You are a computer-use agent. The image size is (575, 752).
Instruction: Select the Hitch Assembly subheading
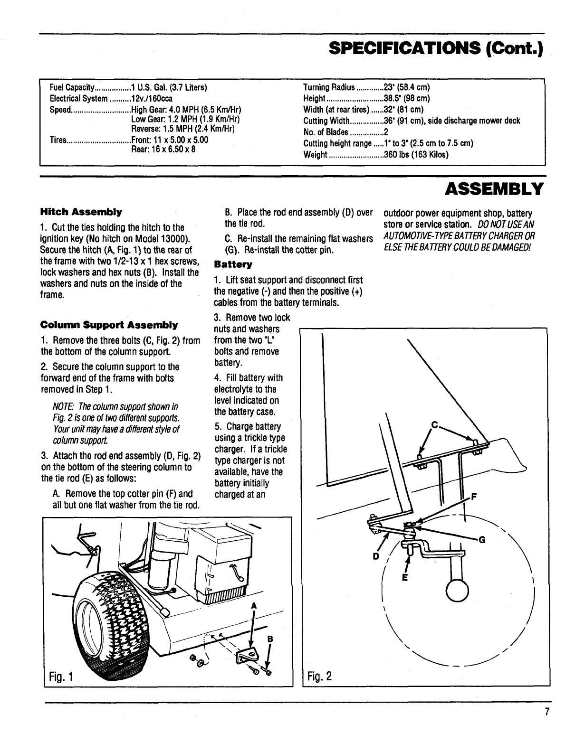pyautogui.click(x=81, y=211)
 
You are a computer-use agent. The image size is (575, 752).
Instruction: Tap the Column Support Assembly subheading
pyautogui.click(x=109, y=325)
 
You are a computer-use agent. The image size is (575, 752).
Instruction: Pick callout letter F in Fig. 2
pyautogui.click(x=473, y=498)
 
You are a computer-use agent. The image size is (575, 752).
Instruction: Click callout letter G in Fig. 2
pyautogui.click(x=482, y=539)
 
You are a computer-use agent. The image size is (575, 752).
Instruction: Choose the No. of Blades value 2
pyautogui.click(x=386, y=132)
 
